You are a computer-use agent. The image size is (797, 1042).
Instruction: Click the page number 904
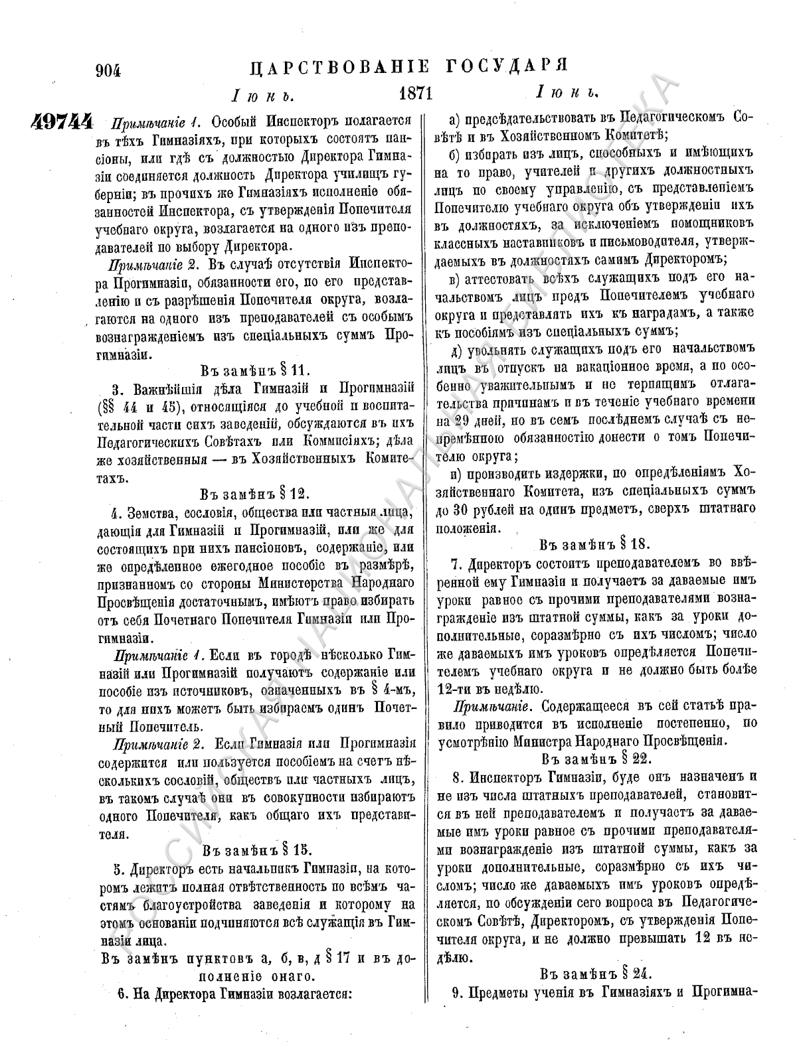[x=110, y=68]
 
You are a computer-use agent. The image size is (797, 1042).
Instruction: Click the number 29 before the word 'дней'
[x=466, y=421]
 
